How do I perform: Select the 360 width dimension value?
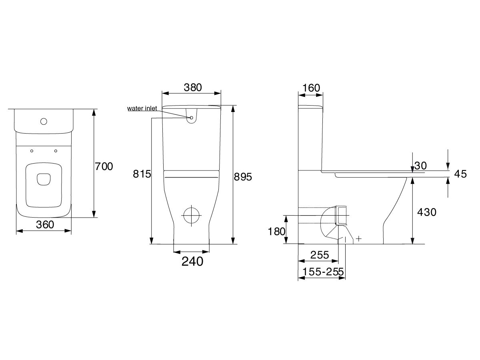pyautogui.click(x=45, y=225)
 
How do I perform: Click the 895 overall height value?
pyautogui.click(x=243, y=177)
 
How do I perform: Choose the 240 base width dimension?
pyautogui.click(x=192, y=262)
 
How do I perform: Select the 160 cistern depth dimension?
pyautogui.click(x=311, y=88)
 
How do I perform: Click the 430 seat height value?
pyautogui.click(x=427, y=212)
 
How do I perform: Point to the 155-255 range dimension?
pyautogui.click(x=324, y=272)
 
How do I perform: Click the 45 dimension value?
pyautogui.click(x=460, y=174)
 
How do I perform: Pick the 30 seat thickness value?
pyautogui.click(x=420, y=165)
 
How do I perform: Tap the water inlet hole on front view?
pyautogui.click(x=192, y=118)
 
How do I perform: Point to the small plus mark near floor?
pyautogui.click(x=359, y=239)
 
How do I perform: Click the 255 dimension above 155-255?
pyautogui.click(x=319, y=255)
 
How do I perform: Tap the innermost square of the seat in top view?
pyautogui.click(x=44, y=179)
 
